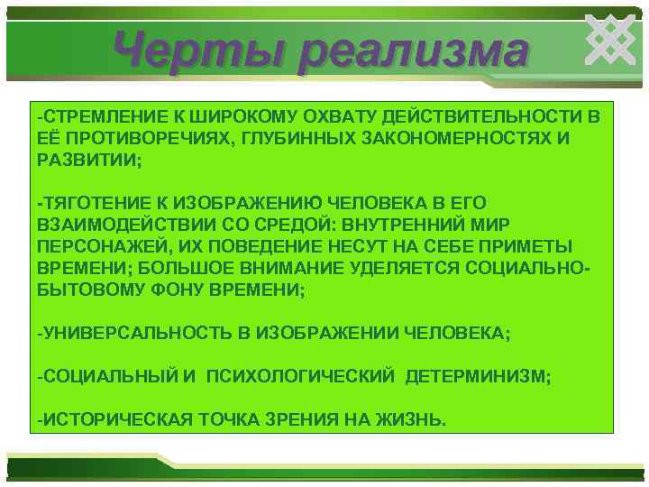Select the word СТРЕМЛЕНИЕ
[94, 117]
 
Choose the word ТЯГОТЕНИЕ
[88, 203]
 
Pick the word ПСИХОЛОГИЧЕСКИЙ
[300, 376]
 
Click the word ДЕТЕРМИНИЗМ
[477, 376]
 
